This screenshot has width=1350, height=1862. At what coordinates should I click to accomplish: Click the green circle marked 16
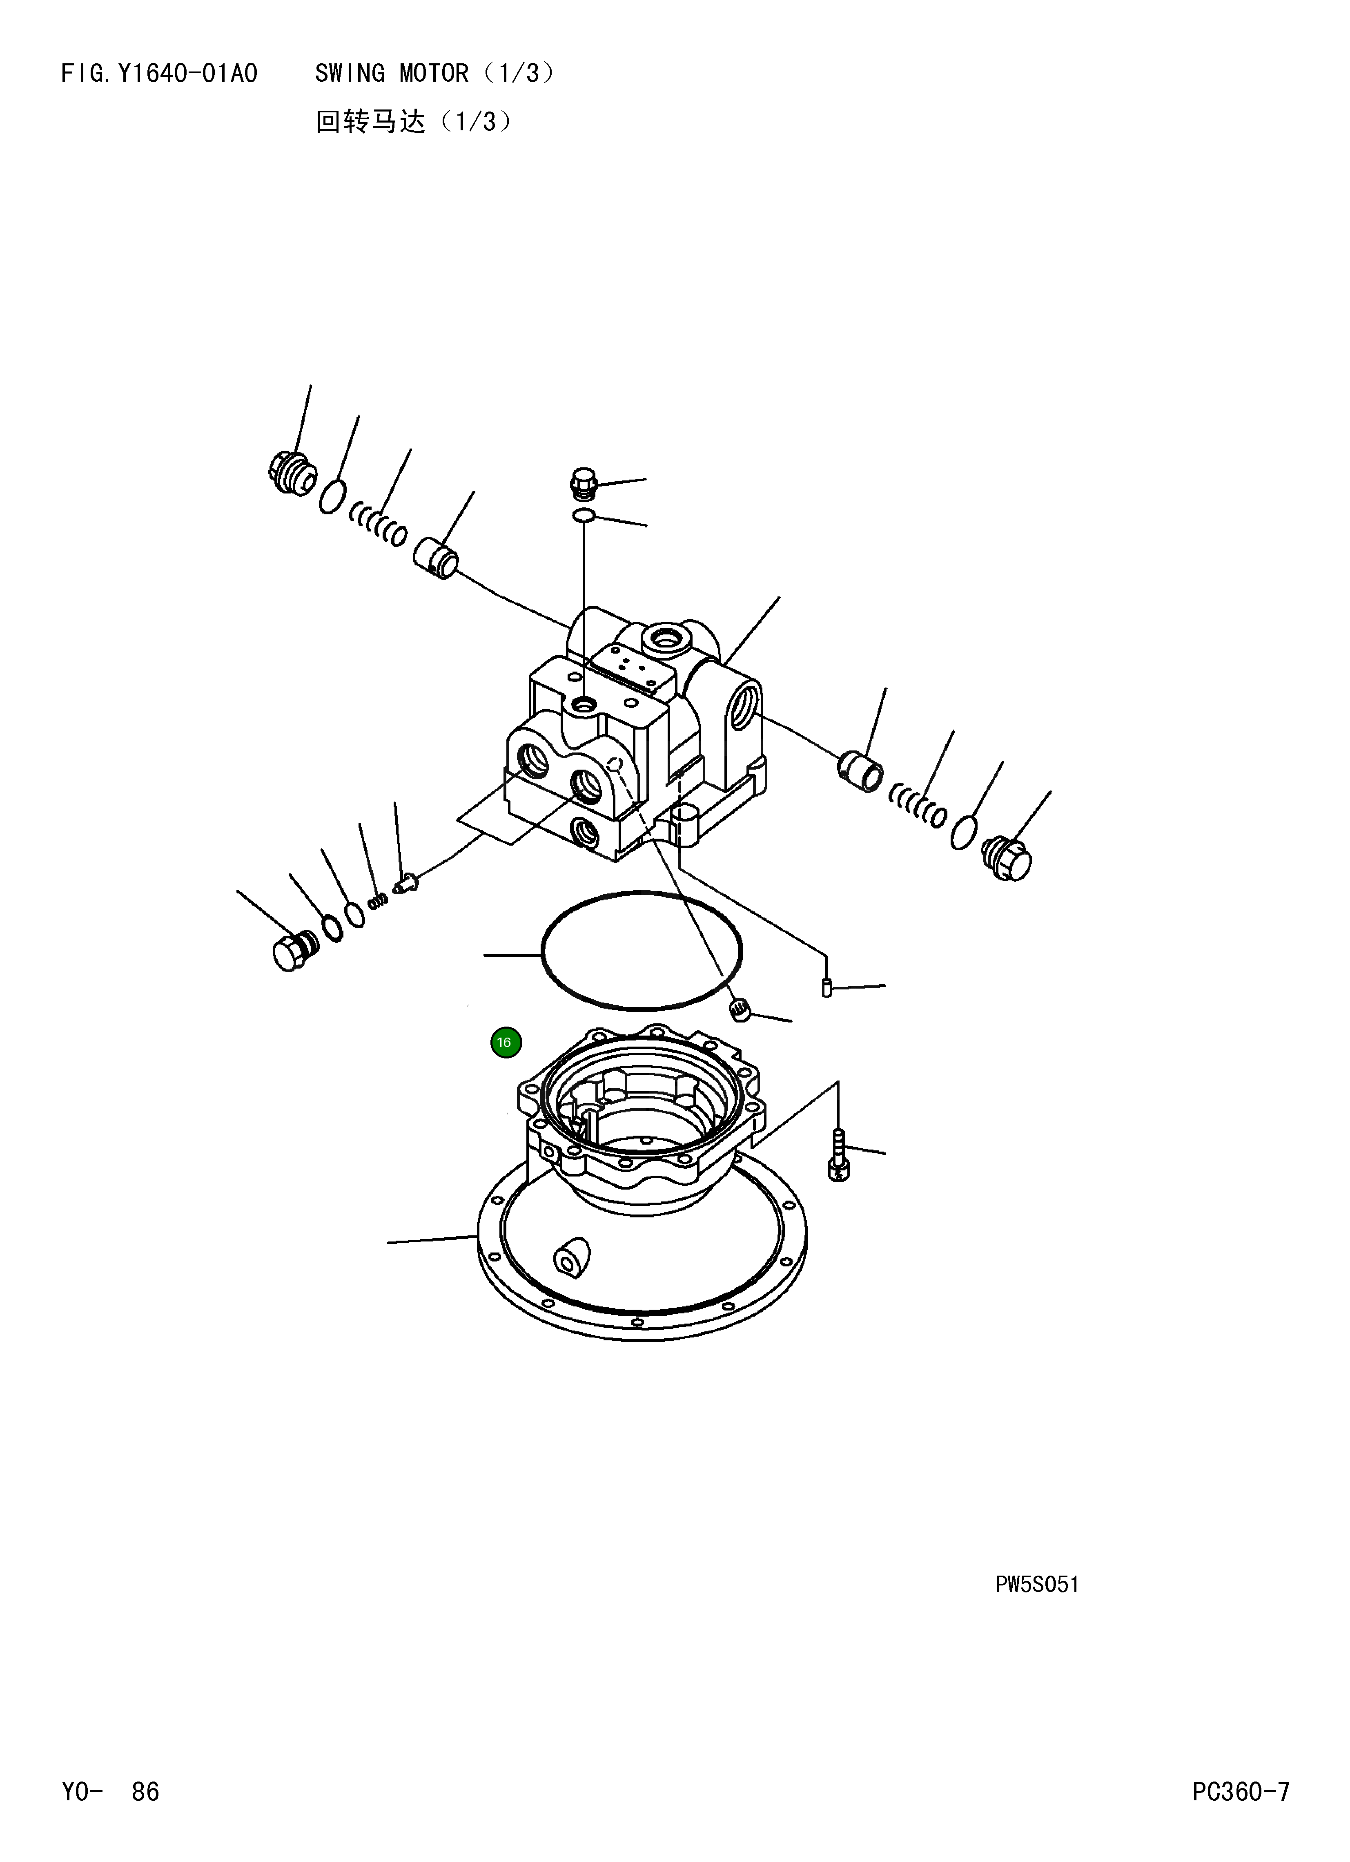[506, 1043]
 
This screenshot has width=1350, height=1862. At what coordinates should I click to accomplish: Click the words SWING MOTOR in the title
[392, 74]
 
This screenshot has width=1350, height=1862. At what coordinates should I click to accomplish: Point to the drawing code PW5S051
[1036, 1585]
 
